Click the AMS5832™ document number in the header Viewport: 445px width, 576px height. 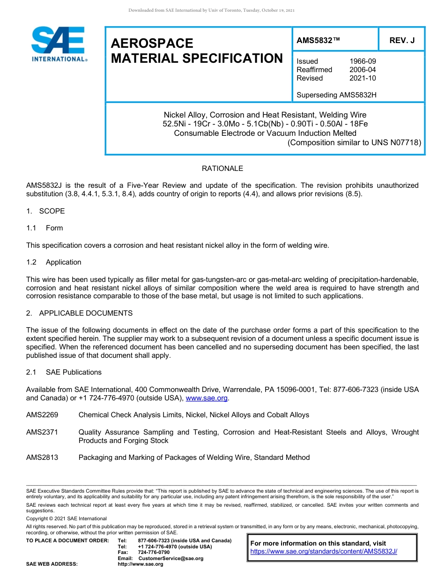click(x=318, y=41)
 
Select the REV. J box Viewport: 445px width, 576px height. click(x=402, y=41)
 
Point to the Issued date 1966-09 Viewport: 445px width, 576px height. click(x=363, y=61)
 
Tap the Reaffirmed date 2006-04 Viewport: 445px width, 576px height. click(x=363, y=70)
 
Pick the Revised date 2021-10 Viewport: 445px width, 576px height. click(x=363, y=78)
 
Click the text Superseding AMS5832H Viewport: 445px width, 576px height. click(x=336, y=95)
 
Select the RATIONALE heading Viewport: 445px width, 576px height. click(x=222, y=169)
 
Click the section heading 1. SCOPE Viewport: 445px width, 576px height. click(x=45, y=211)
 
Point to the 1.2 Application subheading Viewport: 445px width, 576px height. click(x=54, y=262)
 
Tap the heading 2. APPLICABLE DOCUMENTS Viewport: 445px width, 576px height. click(x=79, y=313)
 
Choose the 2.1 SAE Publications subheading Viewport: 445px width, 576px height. click(x=64, y=372)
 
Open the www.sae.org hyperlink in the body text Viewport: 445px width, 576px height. click(x=207, y=398)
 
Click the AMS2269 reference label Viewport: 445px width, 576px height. click(x=42, y=415)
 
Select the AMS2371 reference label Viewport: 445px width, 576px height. click(x=42, y=432)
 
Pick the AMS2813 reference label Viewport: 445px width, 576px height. click(x=42, y=458)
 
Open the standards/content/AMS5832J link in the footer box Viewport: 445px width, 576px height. click(x=324, y=552)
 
